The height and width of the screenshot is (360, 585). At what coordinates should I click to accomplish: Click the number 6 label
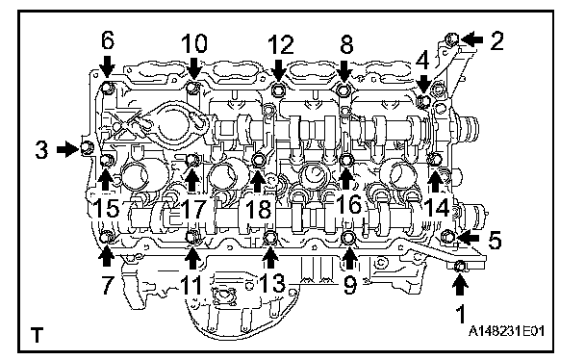click(108, 40)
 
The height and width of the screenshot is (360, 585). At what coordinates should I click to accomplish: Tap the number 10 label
click(194, 43)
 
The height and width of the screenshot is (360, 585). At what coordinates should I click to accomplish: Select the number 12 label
click(281, 45)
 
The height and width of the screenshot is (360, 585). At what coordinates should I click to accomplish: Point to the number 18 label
click(259, 209)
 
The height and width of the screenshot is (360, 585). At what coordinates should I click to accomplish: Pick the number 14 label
click(437, 207)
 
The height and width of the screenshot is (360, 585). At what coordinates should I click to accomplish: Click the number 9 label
click(349, 285)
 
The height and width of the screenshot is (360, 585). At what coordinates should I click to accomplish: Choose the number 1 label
click(462, 314)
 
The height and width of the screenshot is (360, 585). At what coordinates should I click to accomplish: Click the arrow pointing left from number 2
click(472, 39)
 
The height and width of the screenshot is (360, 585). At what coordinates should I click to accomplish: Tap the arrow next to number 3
click(67, 149)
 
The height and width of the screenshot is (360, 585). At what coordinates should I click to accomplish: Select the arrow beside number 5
click(469, 237)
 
